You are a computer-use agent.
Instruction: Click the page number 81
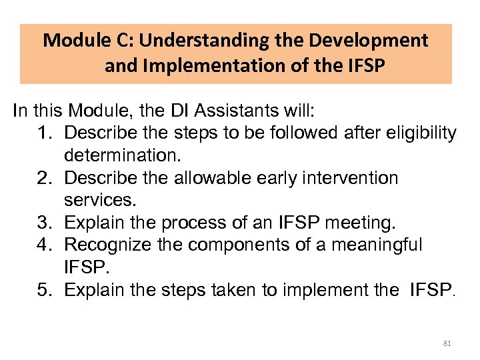click(447, 343)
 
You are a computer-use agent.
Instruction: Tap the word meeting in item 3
click(357, 223)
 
